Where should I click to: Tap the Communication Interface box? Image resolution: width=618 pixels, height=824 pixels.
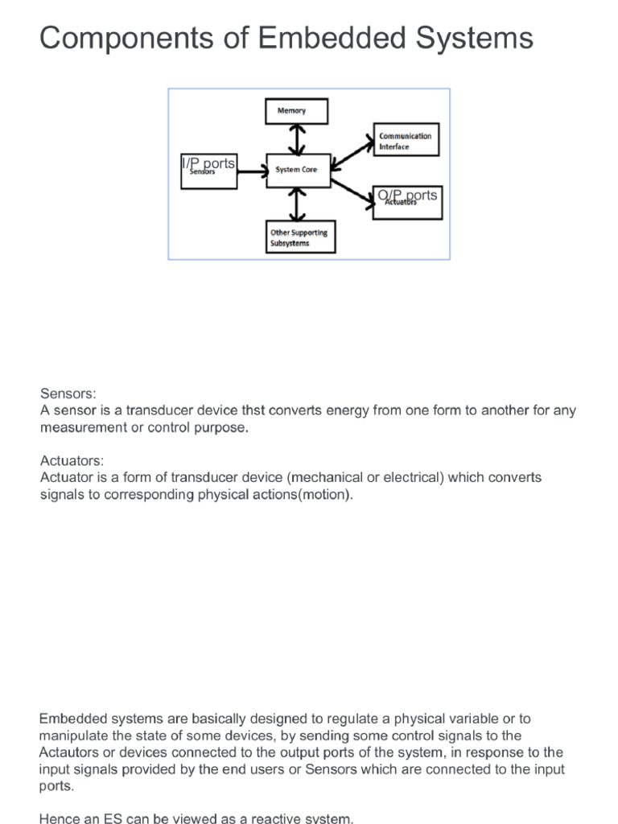click(x=406, y=142)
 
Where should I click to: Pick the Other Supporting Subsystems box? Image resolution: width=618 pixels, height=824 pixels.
click(x=299, y=238)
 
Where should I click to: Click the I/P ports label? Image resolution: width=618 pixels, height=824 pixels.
click(x=208, y=163)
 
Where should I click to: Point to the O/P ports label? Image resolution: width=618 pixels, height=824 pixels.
click(x=407, y=196)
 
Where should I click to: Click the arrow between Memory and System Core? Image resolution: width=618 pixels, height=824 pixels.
click(x=299, y=139)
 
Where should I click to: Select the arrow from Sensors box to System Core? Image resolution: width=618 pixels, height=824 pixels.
click(x=252, y=170)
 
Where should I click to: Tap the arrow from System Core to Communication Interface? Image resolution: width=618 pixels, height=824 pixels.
click(x=351, y=151)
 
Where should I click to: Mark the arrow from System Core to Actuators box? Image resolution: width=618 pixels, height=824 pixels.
click(x=352, y=187)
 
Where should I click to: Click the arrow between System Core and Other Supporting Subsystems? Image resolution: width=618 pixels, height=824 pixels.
click(x=299, y=204)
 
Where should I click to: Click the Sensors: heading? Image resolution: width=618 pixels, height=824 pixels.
click(x=68, y=394)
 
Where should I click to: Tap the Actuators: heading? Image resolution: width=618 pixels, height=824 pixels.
click(x=72, y=460)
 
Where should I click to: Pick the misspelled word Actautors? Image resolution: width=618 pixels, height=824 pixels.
click(x=70, y=752)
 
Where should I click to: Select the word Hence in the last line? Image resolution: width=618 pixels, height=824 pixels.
click(x=58, y=818)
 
